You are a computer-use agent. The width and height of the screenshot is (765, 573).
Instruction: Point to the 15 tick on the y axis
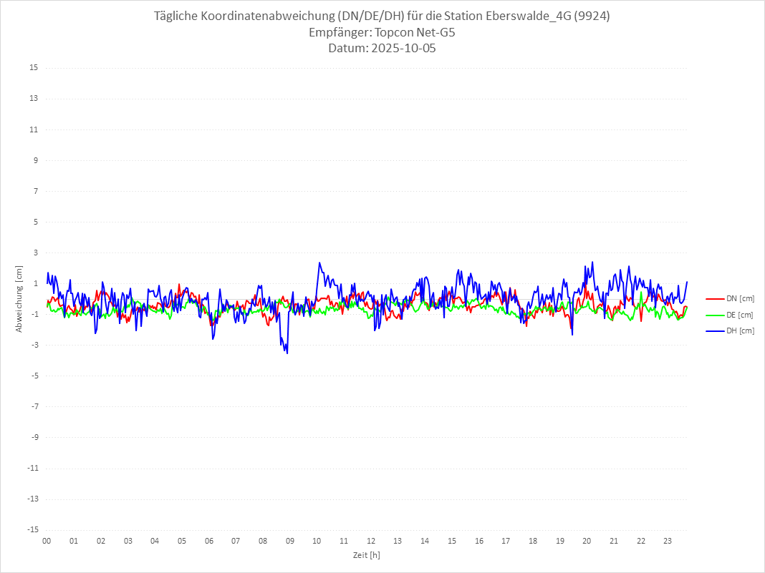[x=34, y=68]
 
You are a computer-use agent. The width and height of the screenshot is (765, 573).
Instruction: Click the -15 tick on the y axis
[x=32, y=529]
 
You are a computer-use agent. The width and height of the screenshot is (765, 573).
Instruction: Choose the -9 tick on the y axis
[x=34, y=437]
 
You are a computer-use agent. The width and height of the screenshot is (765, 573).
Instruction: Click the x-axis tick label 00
[x=47, y=541]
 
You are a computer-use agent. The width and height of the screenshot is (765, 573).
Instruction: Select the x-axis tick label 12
[x=371, y=541]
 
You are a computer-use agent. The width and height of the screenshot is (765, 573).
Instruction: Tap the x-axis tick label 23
[x=668, y=541]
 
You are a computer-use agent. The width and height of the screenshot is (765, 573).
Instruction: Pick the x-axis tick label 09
[x=290, y=541]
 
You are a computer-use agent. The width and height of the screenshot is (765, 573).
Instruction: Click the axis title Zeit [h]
[x=366, y=554]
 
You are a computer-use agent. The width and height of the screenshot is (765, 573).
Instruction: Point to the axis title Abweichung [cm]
[x=19, y=299]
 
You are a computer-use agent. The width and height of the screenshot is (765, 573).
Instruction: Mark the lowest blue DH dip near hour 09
[x=287, y=353]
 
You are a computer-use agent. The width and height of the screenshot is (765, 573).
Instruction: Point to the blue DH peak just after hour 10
[x=319, y=263]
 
